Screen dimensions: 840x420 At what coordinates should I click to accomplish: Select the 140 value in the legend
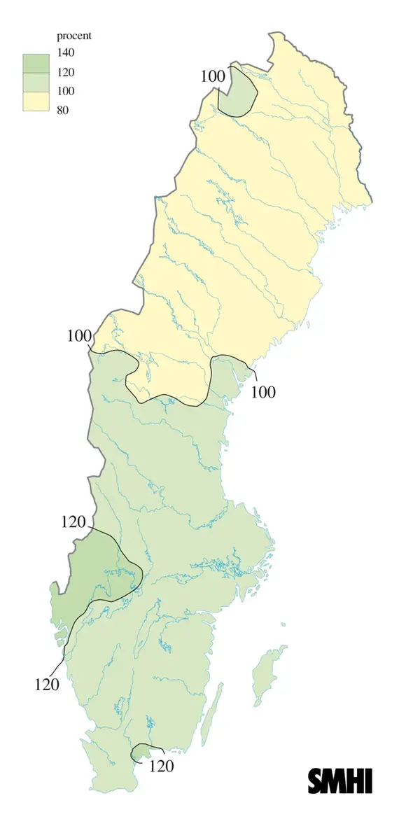click(66, 52)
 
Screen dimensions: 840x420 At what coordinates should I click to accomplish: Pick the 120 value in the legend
click(66, 72)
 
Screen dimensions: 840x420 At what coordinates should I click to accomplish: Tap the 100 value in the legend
click(66, 91)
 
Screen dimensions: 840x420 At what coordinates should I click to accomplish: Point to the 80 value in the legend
click(64, 110)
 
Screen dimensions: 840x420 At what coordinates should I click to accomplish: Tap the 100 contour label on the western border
click(79, 335)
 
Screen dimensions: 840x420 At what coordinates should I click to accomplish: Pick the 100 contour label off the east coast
click(263, 392)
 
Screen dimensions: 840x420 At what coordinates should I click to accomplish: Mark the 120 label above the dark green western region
click(73, 522)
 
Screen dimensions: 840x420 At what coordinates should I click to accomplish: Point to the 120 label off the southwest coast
click(47, 683)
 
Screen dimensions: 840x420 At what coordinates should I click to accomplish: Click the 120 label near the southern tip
click(161, 766)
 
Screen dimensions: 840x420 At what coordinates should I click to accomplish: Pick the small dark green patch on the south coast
click(143, 751)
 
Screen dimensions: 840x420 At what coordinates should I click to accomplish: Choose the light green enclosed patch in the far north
click(237, 91)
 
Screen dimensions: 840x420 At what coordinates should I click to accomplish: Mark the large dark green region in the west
click(94, 574)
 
